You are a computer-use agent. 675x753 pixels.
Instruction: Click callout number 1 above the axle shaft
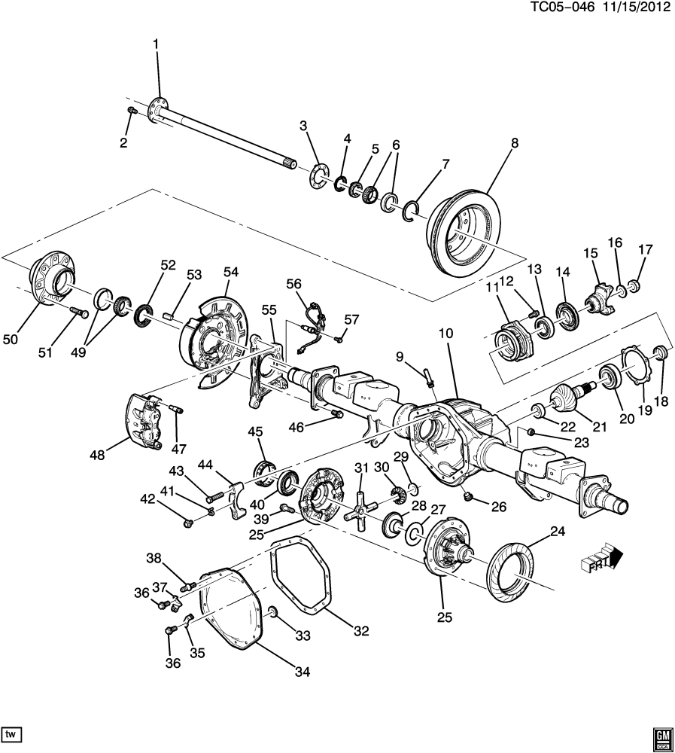point(156,44)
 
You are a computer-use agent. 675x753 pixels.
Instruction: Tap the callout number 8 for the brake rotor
point(515,142)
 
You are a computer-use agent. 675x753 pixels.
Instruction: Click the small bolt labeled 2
point(132,111)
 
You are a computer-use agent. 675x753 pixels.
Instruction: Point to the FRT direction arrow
point(601,558)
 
